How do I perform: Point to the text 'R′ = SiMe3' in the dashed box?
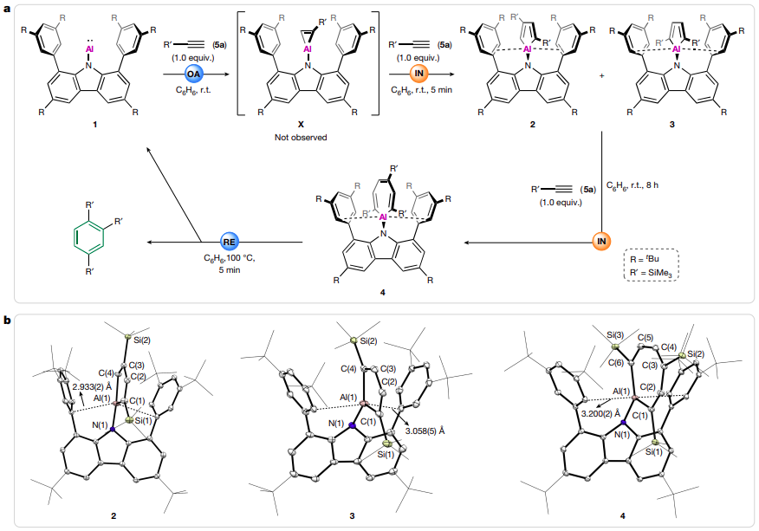pos(653,273)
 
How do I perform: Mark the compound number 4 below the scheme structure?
pos(381,292)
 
